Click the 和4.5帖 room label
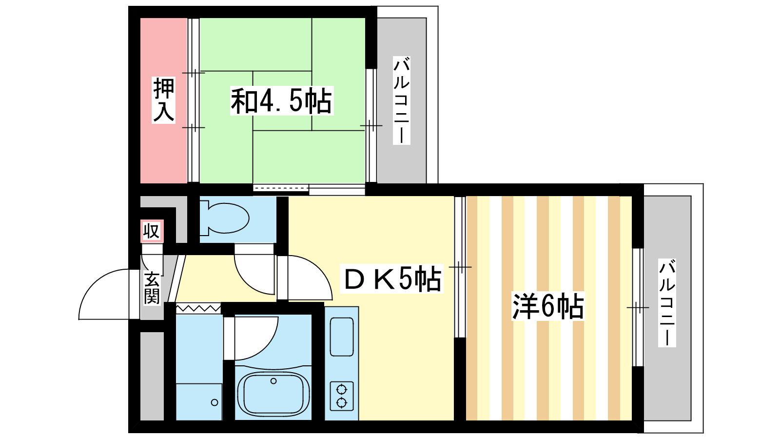[x=282, y=101]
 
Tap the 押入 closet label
[x=163, y=100]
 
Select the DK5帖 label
[x=392, y=279]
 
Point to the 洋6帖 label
[x=548, y=307]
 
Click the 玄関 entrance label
[x=152, y=288]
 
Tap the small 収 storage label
[x=152, y=231]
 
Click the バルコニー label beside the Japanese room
[x=402, y=100]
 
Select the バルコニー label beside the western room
[x=667, y=303]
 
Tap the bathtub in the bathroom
[x=273, y=394]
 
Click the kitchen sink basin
[x=342, y=337]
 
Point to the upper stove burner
[x=342, y=389]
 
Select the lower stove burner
[x=342, y=403]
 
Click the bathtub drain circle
[x=273, y=381]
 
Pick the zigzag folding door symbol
[x=198, y=308]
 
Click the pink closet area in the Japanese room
[x=164, y=100]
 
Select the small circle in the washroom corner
[x=214, y=403]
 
